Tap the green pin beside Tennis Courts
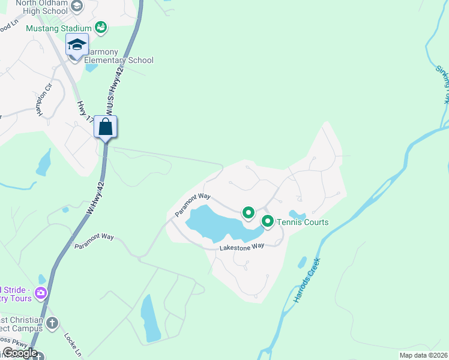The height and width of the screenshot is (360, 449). [267, 221]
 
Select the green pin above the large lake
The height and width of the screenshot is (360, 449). [248, 212]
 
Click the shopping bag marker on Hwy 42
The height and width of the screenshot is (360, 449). [106, 127]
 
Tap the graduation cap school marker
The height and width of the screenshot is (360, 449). [77, 46]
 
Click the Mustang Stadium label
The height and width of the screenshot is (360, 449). [59, 28]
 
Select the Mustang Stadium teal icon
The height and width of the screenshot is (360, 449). [101, 28]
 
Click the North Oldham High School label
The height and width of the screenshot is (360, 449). [42, 6]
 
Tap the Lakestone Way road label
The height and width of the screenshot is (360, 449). [242, 247]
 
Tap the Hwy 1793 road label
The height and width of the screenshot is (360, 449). [85, 111]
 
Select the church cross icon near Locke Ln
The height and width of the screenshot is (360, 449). [52, 323]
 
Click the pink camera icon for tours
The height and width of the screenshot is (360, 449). [41, 293]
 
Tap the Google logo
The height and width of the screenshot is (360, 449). [19, 353]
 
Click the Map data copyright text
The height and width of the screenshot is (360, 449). [423, 355]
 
